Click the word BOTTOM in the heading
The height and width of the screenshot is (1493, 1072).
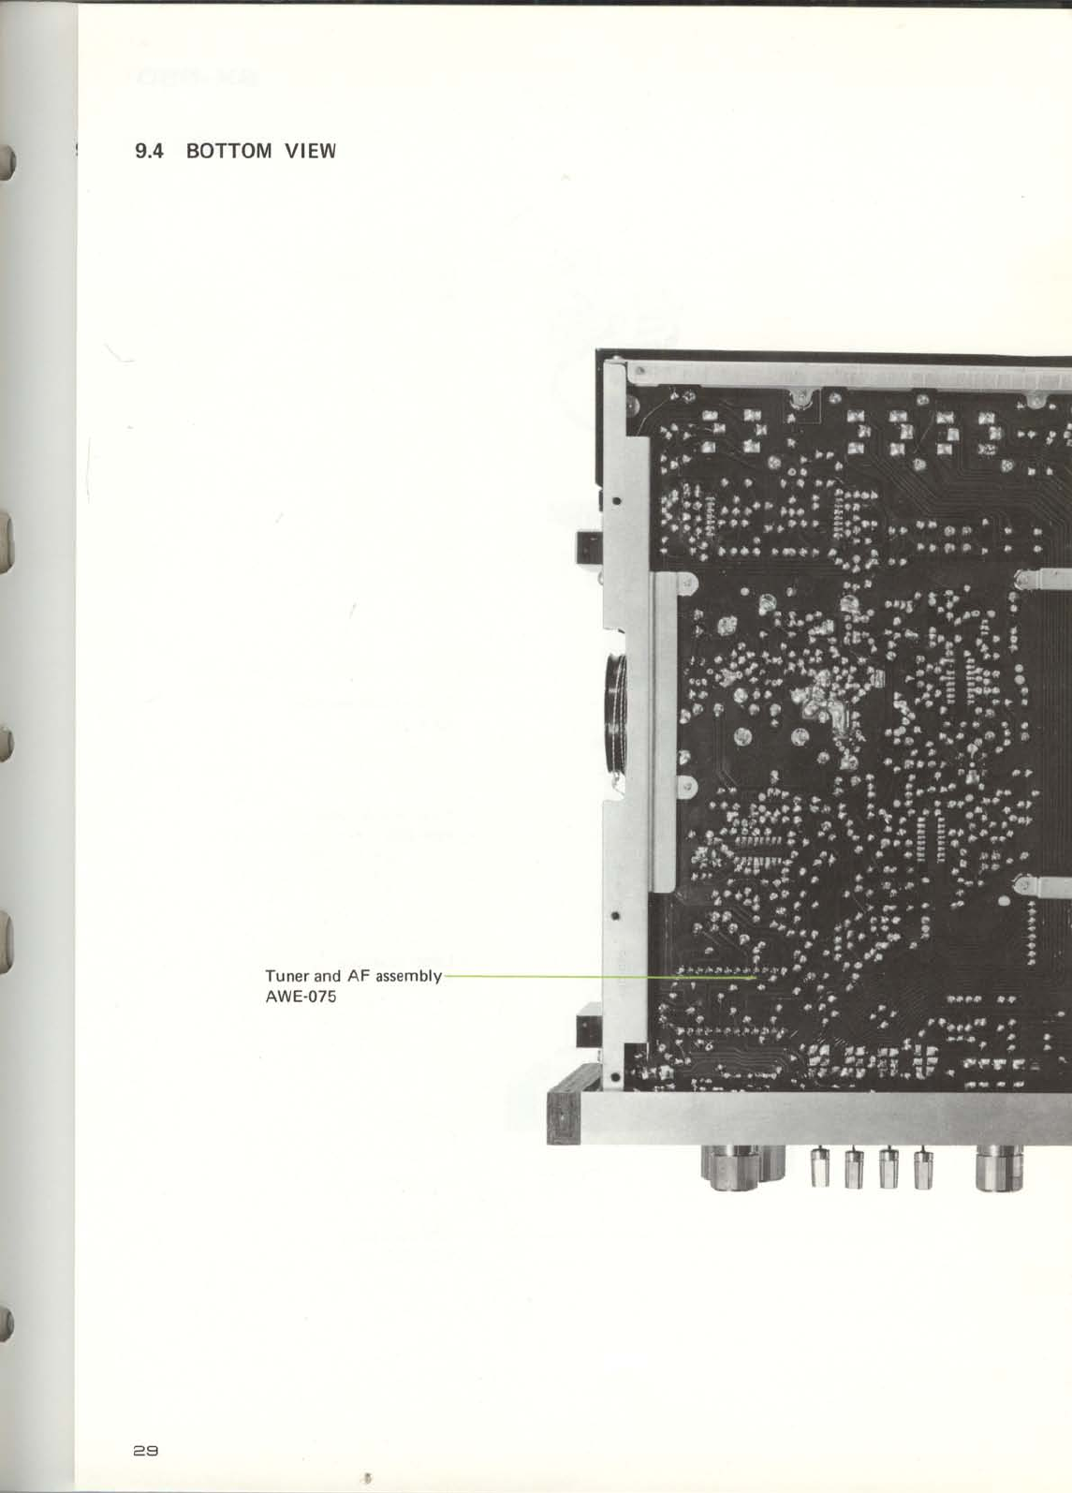(x=228, y=151)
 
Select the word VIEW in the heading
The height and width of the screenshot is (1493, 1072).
(x=310, y=151)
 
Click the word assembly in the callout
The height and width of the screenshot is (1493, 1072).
(x=408, y=976)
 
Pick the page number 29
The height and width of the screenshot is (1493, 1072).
(x=146, y=1450)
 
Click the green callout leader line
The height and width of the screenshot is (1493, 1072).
(x=599, y=976)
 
